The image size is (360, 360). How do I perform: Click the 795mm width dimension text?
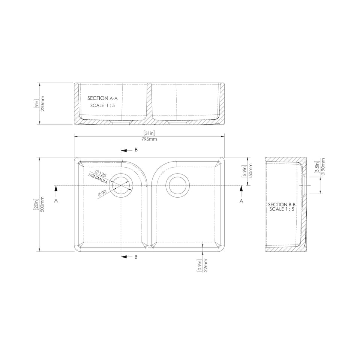point(149,139)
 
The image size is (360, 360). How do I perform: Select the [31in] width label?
point(149,133)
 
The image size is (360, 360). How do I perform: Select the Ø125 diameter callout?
point(100,173)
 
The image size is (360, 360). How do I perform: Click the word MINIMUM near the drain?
point(98,178)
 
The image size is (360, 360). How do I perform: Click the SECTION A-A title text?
point(102,98)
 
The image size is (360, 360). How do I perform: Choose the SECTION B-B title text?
point(282,205)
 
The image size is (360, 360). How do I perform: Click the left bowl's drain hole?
point(122,184)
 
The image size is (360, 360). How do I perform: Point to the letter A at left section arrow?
point(56,201)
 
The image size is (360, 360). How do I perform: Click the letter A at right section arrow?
point(241,201)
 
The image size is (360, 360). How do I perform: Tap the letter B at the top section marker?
point(136,150)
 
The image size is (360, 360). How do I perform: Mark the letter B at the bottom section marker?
point(136,257)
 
